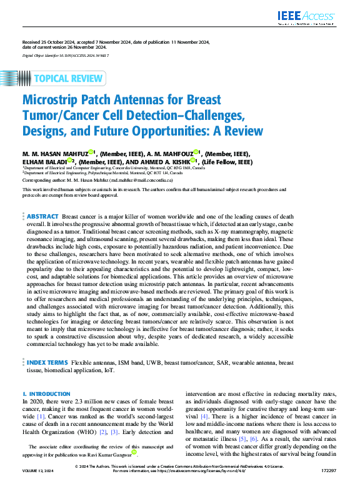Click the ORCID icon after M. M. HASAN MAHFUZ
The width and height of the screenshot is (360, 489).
pyautogui.click(x=91, y=152)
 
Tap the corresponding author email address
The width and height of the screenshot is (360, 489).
pyautogui.click(x=129, y=178)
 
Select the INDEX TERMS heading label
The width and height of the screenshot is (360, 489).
pyautogui.click(x=47, y=362)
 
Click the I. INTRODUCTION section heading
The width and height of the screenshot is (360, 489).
pyautogui.click(x=42, y=394)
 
